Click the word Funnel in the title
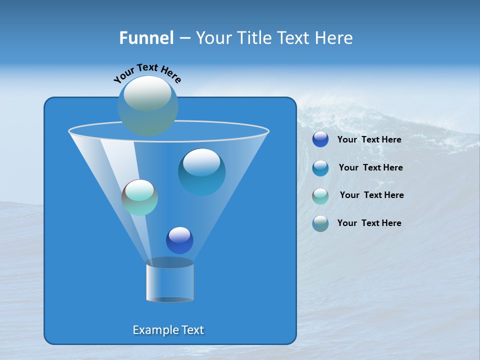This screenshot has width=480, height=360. [x=146, y=38]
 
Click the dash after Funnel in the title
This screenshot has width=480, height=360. [x=184, y=38]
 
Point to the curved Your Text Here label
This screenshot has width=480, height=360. [x=147, y=73]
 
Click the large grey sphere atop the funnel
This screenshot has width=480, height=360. [x=148, y=105]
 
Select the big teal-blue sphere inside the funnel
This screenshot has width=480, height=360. [x=201, y=171]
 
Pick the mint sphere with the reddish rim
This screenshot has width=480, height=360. [x=139, y=197]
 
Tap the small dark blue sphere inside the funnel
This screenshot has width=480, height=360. [x=179, y=240]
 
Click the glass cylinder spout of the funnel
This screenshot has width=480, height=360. [x=169, y=281]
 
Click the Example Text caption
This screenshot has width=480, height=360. [x=168, y=330]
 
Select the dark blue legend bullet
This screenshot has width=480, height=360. [x=320, y=139]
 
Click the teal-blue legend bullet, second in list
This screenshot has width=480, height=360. [x=320, y=168]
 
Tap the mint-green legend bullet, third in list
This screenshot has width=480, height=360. [x=320, y=195]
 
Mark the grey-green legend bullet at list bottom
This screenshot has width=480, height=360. [x=320, y=223]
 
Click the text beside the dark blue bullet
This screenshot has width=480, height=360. [x=369, y=139]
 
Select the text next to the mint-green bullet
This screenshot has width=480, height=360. [x=371, y=195]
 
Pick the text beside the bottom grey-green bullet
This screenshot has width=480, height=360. [x=369, y=223]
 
